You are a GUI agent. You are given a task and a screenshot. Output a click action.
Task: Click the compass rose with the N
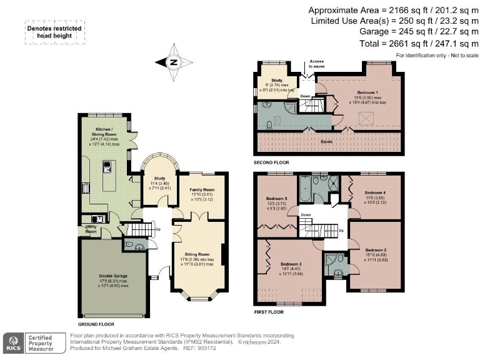click(174, 62)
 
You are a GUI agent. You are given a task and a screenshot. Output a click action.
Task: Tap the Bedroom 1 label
click(352, 92)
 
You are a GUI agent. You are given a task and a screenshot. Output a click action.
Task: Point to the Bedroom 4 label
click(376, 192)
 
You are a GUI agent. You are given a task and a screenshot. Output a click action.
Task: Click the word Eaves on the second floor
click(326, 142)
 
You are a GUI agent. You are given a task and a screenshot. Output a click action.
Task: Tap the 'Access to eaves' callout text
click(312, 64)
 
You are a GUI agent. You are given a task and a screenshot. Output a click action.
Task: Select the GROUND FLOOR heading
click(96, 325)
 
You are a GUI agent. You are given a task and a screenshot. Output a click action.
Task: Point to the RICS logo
click(13, 343)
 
